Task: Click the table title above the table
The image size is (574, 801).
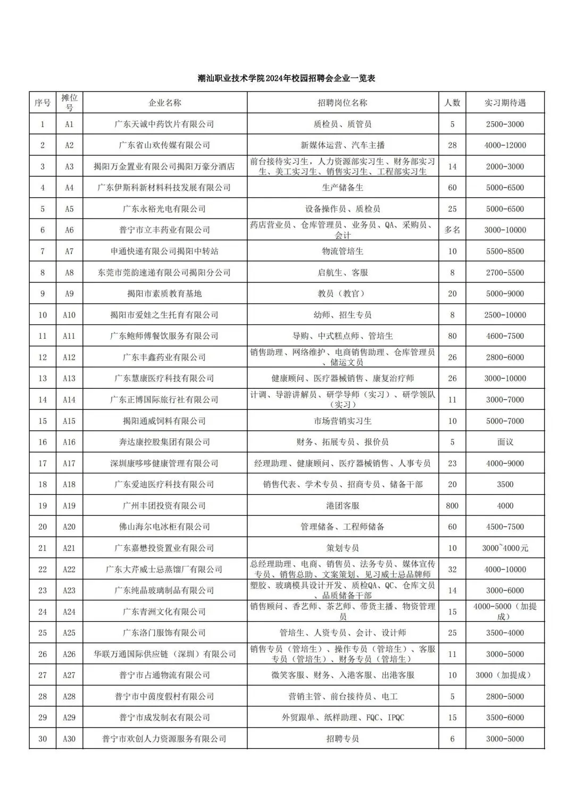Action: tap(286, 78)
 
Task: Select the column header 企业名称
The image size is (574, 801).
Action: tap(164, 103)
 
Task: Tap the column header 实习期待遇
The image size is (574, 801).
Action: tap(505, 103)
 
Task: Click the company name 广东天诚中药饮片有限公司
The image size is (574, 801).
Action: tap(164, 124)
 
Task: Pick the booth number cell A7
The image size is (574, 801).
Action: tap(69, 251)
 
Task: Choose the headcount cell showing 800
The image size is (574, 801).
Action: tap(452, 505)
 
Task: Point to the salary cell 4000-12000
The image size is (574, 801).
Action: tap(505, 145)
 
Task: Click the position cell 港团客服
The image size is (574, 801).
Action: tap(343, 505)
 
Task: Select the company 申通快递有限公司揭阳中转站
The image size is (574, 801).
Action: tap(164, 251)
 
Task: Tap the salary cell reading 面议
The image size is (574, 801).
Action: tap(505, 442)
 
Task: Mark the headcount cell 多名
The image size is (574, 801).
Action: tap(452, 230)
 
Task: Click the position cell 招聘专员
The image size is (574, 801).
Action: tap(343, 739)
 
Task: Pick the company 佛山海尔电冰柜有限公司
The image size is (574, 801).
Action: tap(164, 527)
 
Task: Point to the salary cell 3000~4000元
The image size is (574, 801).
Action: tap(505, 548)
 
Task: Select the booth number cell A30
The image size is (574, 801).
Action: tap(69, 739)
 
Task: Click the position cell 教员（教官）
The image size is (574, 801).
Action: tap(343, 294)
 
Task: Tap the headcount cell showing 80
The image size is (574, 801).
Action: tap(452, 336)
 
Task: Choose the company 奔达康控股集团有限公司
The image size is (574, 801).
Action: tap(164, 442)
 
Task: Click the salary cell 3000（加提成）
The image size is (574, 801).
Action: tap(505, 675)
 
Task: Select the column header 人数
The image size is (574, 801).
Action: tap(452, 103)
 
